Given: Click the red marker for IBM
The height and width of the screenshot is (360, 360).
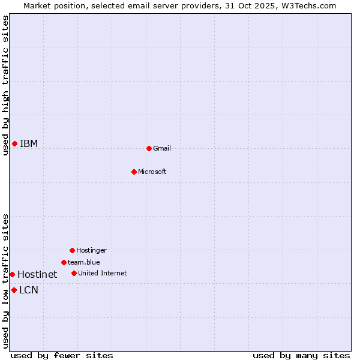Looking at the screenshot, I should pyautogui.click(x=14, y=143).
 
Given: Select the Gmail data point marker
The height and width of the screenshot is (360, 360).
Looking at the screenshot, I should pyautogui.click(x=149, y=148).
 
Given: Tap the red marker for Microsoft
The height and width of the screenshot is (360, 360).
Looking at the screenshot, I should pyautogui.click(x=134, y=172).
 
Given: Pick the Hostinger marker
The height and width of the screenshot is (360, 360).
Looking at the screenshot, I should pyautogui.click(x=72, y=250).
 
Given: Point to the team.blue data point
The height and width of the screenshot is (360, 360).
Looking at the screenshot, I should pyautogui.click(x=64, y=262).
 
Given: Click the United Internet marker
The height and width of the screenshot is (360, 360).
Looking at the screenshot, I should pyautogui.click(x=74, y=273).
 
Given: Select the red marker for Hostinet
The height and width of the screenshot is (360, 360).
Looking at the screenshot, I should pyautogui.click(x=12, y=274).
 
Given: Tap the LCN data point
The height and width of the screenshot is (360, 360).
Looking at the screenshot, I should pyautogui.click(x=14, y=290).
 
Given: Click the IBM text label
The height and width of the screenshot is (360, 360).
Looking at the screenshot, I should pyautogui.click(x=29, y=143).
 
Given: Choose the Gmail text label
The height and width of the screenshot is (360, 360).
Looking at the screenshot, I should pyautogui.click(x=162, y=148).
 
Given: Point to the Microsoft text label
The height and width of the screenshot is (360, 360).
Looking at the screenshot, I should pyautogui.click(x=152, y=172).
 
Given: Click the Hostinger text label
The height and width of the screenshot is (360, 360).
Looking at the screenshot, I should pyautogui.click(x=91, y=250).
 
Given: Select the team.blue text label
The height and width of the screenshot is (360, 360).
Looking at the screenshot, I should pyautogui.click(x=83, y=262).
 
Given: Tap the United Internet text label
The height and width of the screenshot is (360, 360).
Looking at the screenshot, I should pyautogui.click(x=102, y=273).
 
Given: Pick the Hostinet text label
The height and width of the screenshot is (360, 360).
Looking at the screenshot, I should pyautogui.click(x=37, y=274).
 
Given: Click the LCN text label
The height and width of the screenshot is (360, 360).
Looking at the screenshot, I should pyautogui.click(x=29, y=290).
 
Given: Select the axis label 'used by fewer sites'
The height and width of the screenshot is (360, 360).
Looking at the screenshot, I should pyautogui.click(x=62, y=355).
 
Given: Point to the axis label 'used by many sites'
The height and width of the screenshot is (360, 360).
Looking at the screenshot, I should pyautogui.click(x=301, y=355).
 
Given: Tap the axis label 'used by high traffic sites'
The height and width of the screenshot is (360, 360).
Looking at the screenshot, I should pyautogui.click(x=5, y=85).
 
